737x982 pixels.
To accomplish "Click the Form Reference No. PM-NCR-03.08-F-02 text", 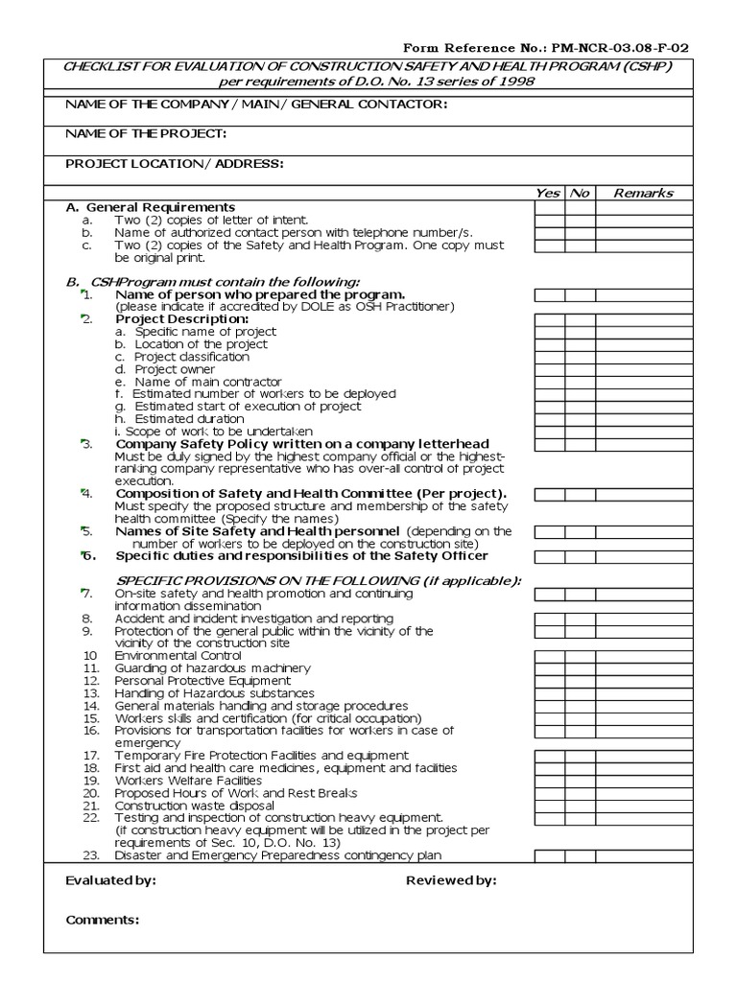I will (545, 47).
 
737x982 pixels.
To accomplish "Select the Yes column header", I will (548, 193).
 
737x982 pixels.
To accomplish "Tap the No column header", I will (580, 193).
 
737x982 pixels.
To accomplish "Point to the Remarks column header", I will (643, 193).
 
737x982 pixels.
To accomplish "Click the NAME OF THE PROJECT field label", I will (146, 133).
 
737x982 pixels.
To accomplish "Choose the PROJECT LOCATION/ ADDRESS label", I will (175, 163).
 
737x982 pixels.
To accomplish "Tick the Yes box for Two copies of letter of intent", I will (549, 220).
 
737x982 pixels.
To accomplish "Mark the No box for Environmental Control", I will (580, 657).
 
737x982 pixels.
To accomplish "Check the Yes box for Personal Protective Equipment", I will (549, 682).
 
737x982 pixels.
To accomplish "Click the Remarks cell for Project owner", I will (643, 369).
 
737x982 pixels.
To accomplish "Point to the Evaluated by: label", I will (110, 880).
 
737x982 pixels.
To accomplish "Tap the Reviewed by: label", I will (451, 880).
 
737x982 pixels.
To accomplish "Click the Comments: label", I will (103, 920).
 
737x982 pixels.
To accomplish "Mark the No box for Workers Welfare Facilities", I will (580, 782).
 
